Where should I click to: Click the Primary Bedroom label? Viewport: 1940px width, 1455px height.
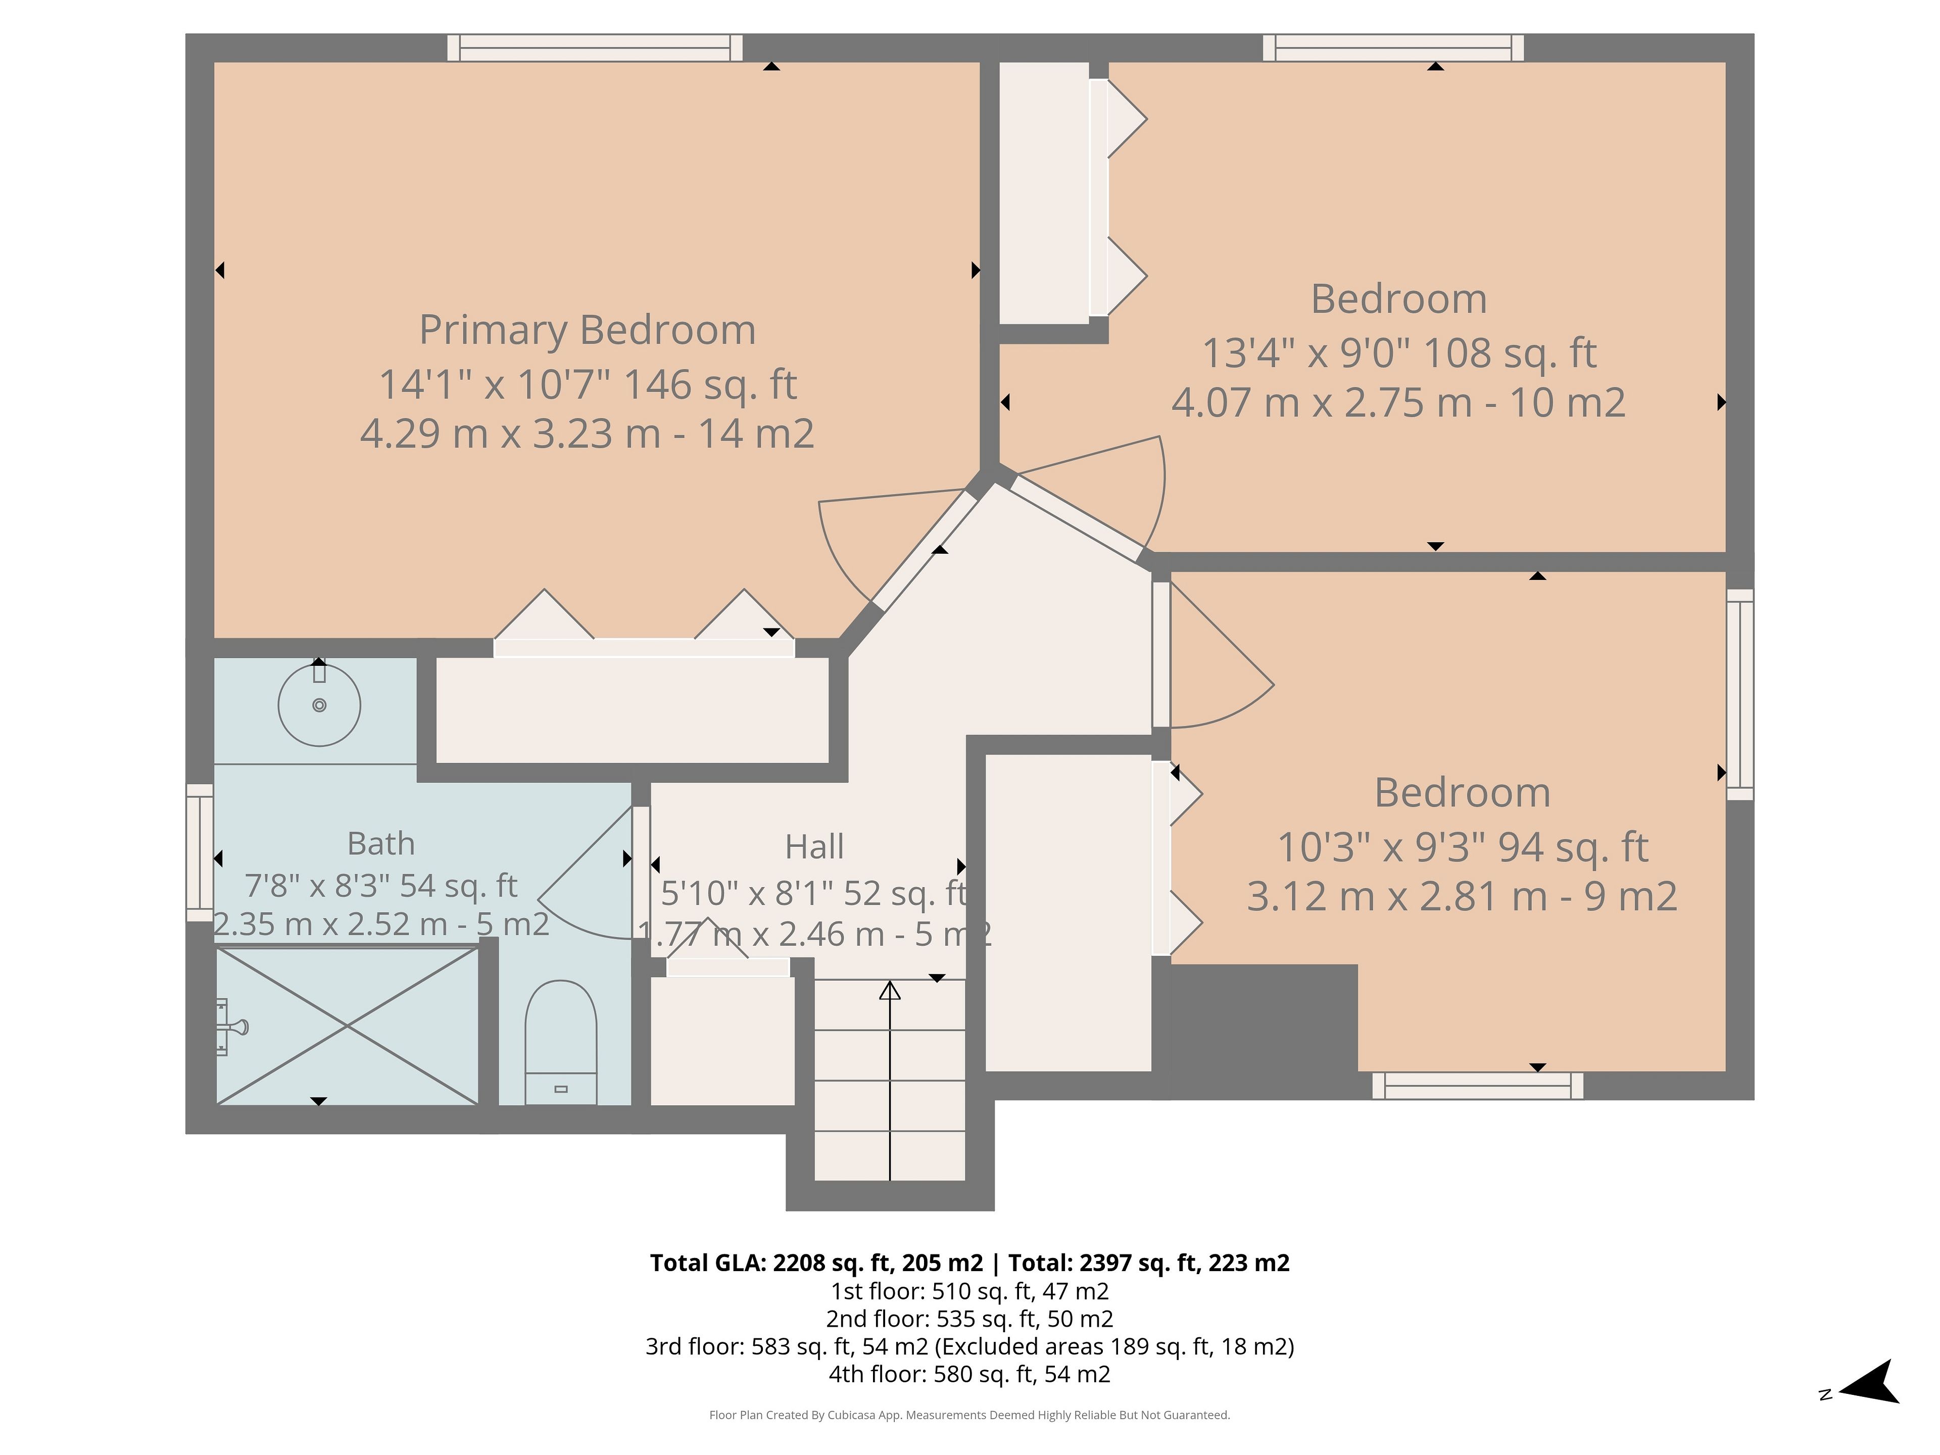pyautogui.click(x=588, y=330)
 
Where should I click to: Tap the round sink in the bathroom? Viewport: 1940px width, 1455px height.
pyautogui.click(x=319, y=705)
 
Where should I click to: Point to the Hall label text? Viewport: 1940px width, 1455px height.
pyautogui.click(x=815, y=847)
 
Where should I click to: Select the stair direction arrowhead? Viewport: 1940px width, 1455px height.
pyautogui.click(x=890, y=991)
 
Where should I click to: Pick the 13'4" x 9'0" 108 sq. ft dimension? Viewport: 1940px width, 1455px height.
pyautogui.click(x=1399, y=354)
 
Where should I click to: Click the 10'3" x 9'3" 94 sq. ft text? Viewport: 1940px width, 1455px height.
pyautogui.click(x=1463, y=847)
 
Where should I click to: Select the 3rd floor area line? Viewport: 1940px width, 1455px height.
pyautogui.click(x=970, y=1346)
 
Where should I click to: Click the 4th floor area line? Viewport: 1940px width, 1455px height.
pyautogui.click(x=970, y=1374)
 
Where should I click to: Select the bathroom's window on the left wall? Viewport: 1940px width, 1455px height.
pyautogui.click(x=200, y=852)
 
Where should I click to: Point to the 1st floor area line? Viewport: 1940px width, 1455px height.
pyautogui.click(x=970, y=1292)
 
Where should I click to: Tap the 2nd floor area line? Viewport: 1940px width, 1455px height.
pyautogui.click(x=970, y=1319)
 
